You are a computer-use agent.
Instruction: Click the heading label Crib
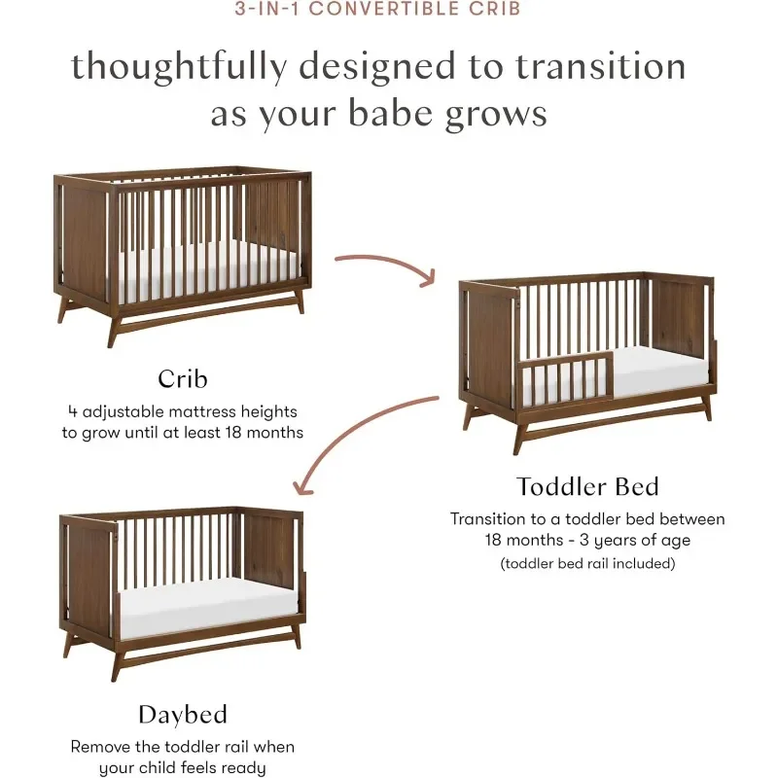click(x=183, y=379)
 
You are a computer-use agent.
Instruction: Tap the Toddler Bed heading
click(x=587, y=487)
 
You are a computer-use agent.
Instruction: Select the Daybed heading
click(x=183, y=716)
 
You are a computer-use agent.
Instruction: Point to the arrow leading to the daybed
click(x=347, y=432)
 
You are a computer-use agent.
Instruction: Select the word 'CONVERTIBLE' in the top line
click(x=383, y=9)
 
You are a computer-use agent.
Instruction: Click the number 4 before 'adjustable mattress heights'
click(x=72, y=411)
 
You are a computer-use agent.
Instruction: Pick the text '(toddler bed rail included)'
click(x=587, y=564)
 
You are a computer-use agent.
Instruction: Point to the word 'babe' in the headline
click(x=391, y=113)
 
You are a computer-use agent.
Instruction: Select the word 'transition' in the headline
click(x=601, y=67)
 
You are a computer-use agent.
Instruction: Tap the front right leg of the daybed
click(x=297, y=639)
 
